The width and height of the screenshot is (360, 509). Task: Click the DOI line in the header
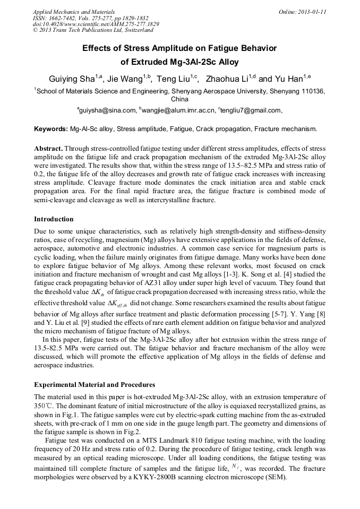click(x=96, y=24)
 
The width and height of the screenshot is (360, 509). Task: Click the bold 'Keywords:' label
click(x=51, y=129)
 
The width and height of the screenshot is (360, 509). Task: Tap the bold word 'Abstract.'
click(x=49, y=148)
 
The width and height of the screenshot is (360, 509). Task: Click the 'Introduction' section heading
click(x=54, y=219)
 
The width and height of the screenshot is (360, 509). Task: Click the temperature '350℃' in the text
click(x=42, y=405)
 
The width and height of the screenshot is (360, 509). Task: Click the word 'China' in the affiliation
click(x=180, y=99)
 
